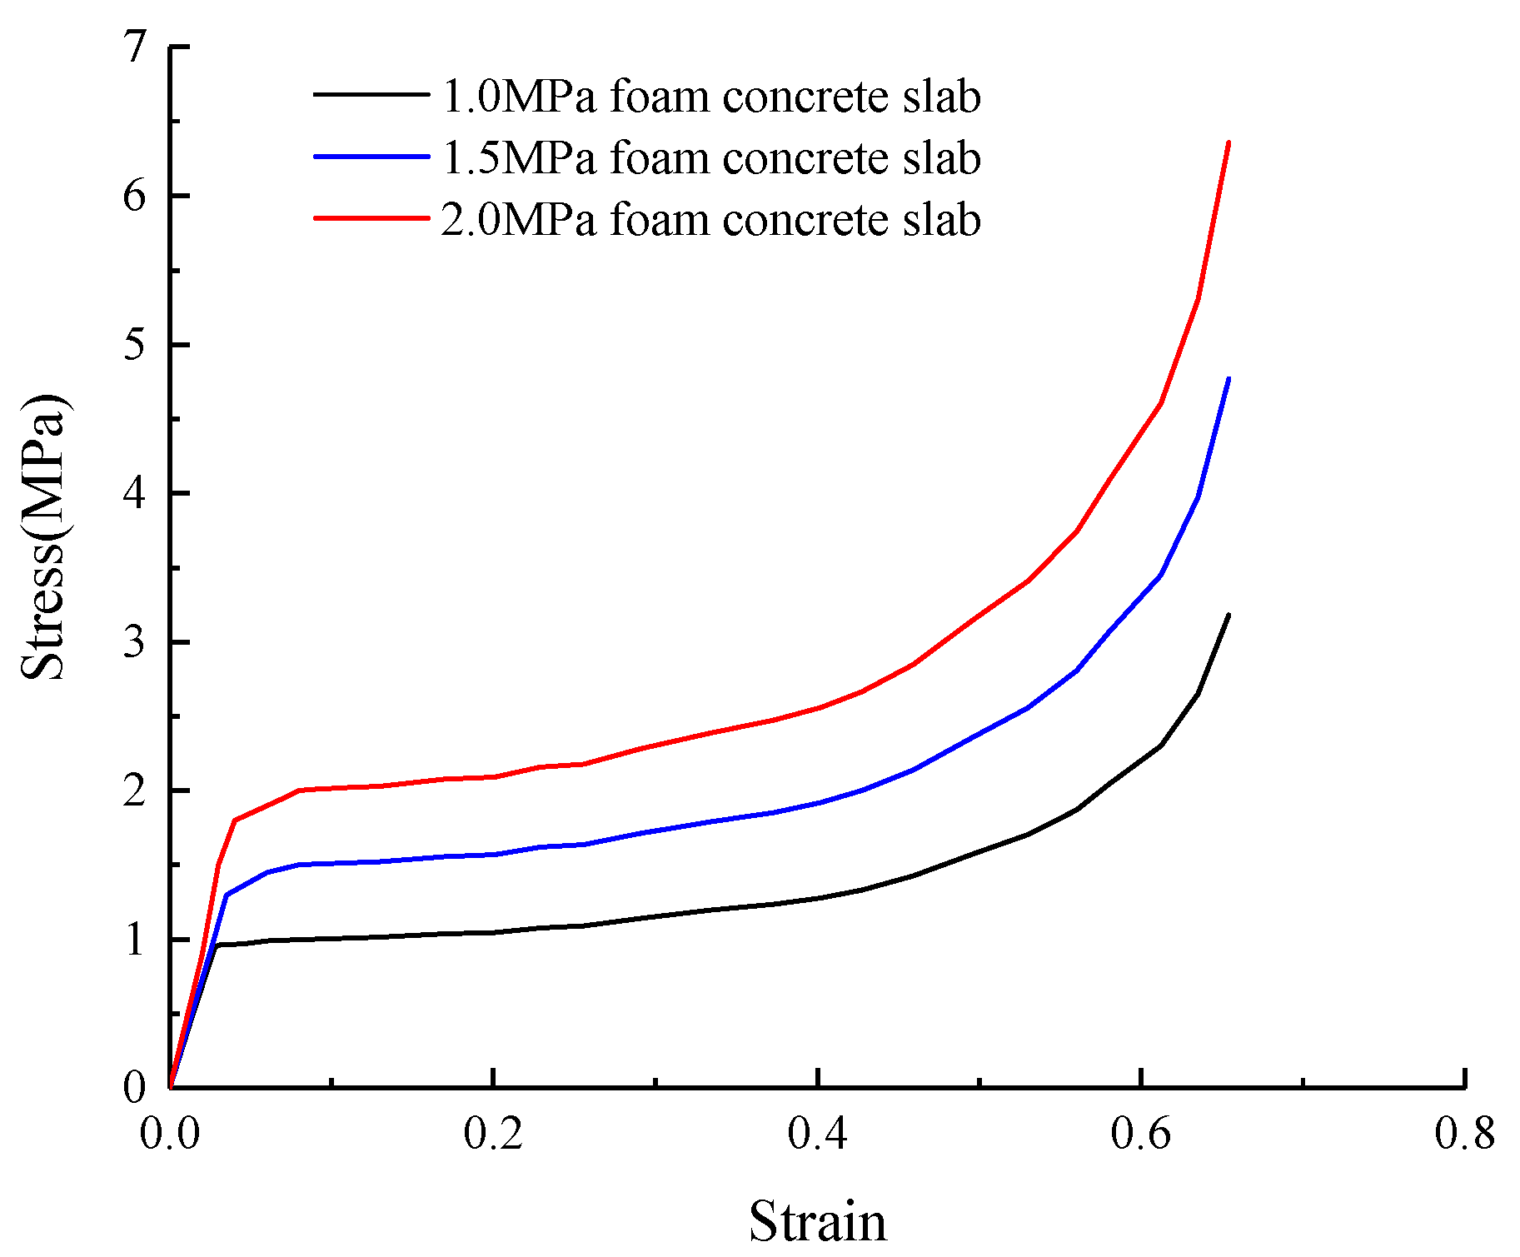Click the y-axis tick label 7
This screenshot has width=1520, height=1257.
133,47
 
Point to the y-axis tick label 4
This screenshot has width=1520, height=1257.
133,493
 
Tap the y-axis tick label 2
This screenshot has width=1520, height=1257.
133,791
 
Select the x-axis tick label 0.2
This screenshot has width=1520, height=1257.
494,1135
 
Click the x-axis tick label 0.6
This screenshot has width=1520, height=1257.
1141,1135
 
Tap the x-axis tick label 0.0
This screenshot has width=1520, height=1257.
170,1135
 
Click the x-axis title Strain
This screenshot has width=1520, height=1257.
817,1222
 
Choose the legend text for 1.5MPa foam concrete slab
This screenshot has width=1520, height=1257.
710,157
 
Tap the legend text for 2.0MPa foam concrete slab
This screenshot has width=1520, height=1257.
710,220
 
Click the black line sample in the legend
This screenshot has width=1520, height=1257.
371,94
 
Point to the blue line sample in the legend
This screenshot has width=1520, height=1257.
371,156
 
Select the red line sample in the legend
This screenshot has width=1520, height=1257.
371,218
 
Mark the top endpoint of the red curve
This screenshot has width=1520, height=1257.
1228,142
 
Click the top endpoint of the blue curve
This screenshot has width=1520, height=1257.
1228,378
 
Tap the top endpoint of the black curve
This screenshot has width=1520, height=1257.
1228,615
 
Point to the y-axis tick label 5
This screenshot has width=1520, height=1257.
133,345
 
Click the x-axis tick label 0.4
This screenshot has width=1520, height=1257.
818,1135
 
